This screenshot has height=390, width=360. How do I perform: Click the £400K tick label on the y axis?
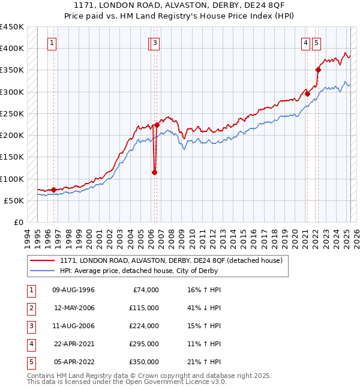[x=12, y=49]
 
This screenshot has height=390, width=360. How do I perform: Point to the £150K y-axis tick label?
[x=12, y=157]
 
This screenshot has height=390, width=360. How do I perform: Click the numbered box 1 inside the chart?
[x=53, y=43]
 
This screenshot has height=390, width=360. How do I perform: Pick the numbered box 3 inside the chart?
[x=155, y=43]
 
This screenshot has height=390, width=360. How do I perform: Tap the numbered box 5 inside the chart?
[x=316, y=43]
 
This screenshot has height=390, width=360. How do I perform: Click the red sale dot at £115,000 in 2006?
[x=154, y=172]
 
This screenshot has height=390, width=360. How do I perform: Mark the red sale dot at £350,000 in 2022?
[x=318, y=70]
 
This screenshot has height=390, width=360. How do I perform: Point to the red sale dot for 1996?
[x=54, y=190]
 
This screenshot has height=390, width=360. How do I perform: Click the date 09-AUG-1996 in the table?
[x=74, y=290]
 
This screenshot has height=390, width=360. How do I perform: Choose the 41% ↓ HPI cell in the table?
[x=205, y=308]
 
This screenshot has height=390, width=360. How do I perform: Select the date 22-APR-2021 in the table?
[x=74, y=344]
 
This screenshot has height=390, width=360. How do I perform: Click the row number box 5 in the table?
[x=31, y=362]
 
